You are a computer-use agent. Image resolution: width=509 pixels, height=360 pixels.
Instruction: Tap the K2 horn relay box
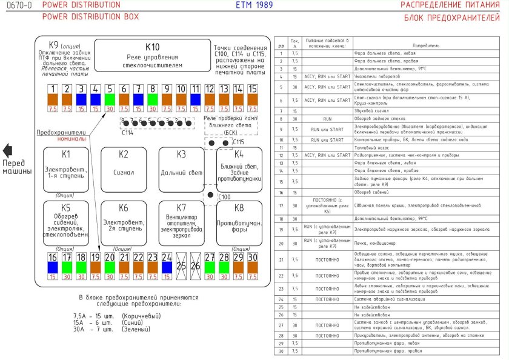pyautogui.click(x=124, y=170)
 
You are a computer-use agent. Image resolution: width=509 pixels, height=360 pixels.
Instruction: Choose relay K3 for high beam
pyautogui.click(x=181, y=170)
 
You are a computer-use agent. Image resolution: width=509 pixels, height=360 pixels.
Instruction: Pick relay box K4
pyautogui.click(x=239, y=170)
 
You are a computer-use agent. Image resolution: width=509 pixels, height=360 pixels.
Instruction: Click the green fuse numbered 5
pyautogui.click(x=110, y=97)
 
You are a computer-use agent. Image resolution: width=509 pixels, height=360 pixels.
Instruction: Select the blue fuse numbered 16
pyautogui.click(x=52, y=264)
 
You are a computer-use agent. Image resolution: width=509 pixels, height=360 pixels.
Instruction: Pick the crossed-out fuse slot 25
pyautogui.click(x=181, y=265)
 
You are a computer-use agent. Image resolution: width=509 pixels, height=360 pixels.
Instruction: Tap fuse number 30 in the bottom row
pyautogui.click(x=253, y=264)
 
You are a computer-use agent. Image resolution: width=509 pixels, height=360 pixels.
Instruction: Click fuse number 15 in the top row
pyautogui.click(x=253, y=97)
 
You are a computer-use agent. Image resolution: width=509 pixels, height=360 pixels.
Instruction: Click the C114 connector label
pyautogui.click(x=127, y=133)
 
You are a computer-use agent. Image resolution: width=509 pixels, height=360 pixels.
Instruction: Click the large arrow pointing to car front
pyautogui.click(x=7, y=151)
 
